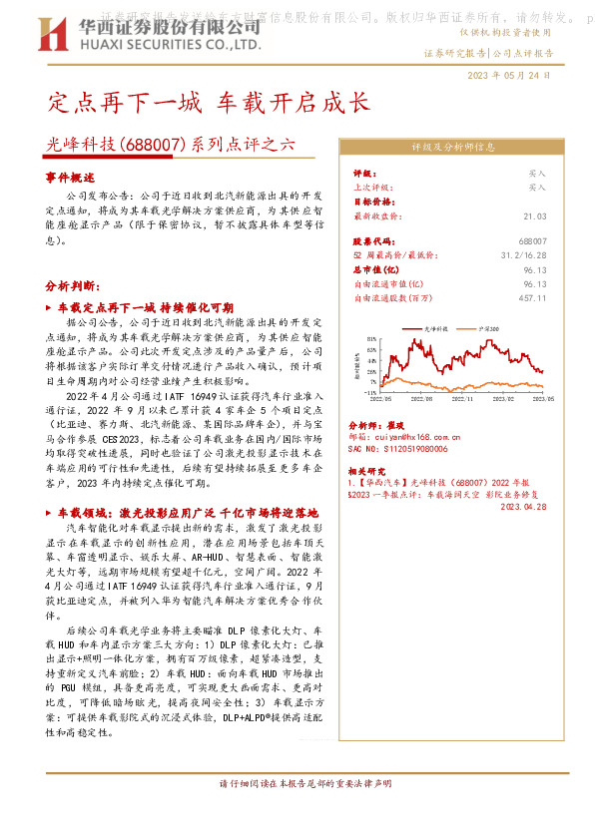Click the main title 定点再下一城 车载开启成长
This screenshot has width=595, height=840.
click(x=209, y=102)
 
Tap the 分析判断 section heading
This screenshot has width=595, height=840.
click(x=71, y=285)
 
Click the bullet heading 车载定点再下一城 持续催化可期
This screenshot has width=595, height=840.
click(x=145, y=307)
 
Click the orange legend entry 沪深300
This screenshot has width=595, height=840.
click(x=489, y=326)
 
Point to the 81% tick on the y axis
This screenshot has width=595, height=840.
click(x=371, y=339)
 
